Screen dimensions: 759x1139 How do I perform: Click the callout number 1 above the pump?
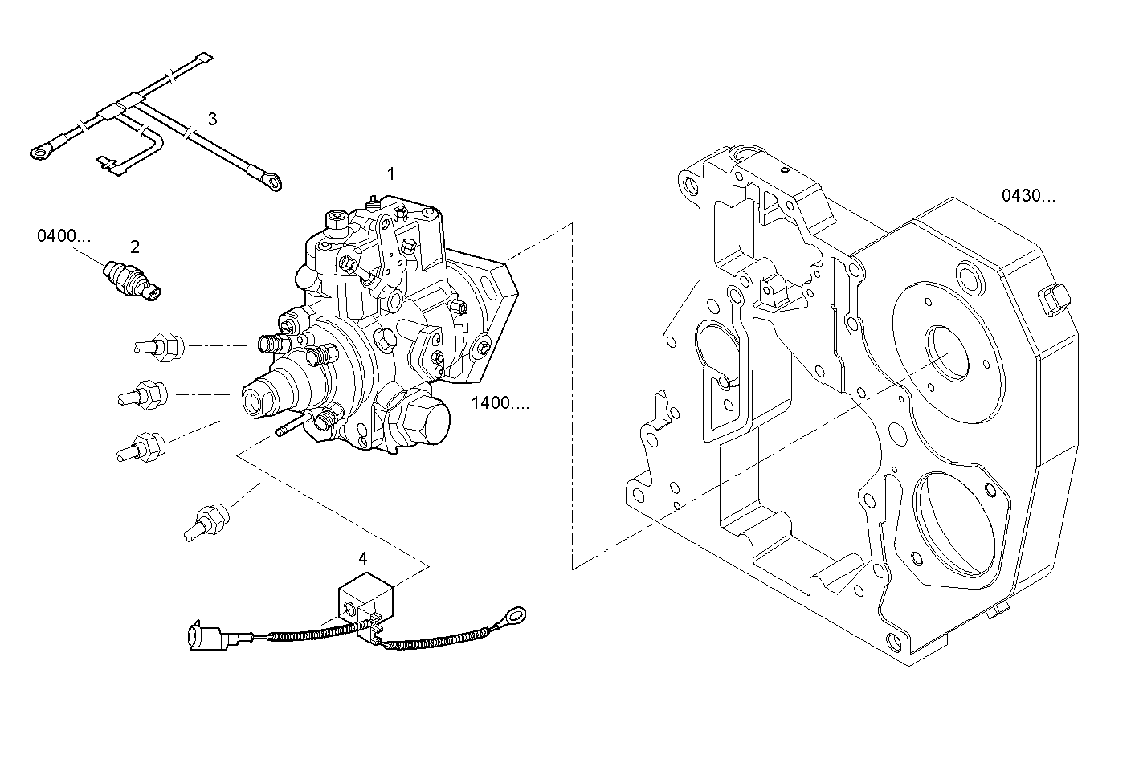[x=391, y=173]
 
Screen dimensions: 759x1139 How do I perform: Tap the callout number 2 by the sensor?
[x=135, y=247]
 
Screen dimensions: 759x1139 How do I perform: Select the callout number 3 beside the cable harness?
[x=212, y=119]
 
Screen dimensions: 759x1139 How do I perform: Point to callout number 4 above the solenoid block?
[x=363, y=557]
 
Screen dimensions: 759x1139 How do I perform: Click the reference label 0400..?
[x=63, y=235]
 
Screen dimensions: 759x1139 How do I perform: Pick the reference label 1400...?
[x=500, y=403]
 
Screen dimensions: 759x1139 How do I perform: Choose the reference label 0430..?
[x=1028, y=195]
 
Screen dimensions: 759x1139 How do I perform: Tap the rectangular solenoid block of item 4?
[x=365, y=598]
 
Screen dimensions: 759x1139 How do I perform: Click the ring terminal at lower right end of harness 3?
[x=273, y=184]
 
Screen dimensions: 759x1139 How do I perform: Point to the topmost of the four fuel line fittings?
[x=160, y=346]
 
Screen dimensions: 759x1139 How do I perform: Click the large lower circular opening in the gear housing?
[x=956, y=521]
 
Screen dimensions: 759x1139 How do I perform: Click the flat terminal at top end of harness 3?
[x=205, y=58]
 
